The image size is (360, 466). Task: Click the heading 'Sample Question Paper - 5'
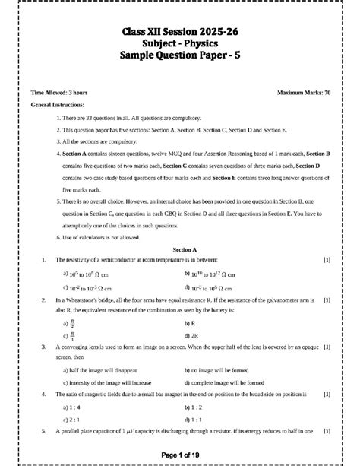click(179, 56)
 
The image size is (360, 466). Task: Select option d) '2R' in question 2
click(193, 334)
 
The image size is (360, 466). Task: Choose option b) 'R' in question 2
click(191, 322)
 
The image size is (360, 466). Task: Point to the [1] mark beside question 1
click(327, 260)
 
